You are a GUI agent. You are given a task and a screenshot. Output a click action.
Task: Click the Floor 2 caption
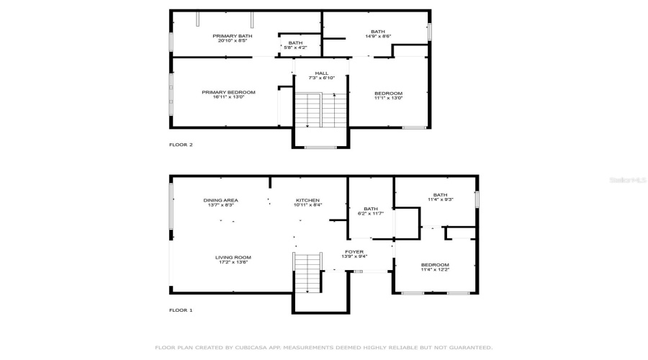pyautogui.click(x=181, y=145)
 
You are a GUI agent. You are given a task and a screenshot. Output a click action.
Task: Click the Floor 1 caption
pyautogui.click(x=181, y=310)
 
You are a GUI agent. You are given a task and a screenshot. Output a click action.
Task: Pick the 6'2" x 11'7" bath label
pyautogui.click(x=372, y=210)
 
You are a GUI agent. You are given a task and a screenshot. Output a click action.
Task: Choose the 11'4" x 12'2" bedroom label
pyautogui.click(x=435, y=266)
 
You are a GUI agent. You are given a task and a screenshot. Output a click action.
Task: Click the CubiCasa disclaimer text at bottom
pyautogui.click(x=323, y=347)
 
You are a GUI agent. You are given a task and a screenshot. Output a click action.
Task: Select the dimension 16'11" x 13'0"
pyautogui.click(x=228, y=97)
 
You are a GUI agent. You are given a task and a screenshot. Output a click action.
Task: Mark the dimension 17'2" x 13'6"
pyautogui.click(x=233, y=262)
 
